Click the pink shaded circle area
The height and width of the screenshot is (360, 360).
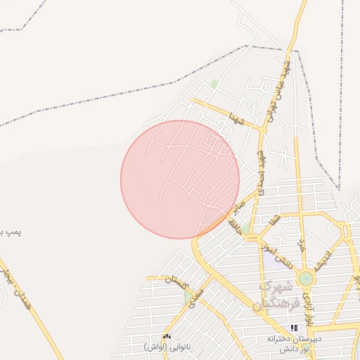click(180, 179)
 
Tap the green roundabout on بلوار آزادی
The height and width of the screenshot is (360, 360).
click(306, 278)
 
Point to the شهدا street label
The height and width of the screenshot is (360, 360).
click(235, 118)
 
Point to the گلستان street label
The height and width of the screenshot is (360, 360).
click(178, 283)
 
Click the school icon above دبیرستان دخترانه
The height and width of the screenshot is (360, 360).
click(294, 328)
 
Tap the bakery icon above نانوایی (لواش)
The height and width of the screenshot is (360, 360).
click(167, 337)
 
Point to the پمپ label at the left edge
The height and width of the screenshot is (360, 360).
click(11, 231)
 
